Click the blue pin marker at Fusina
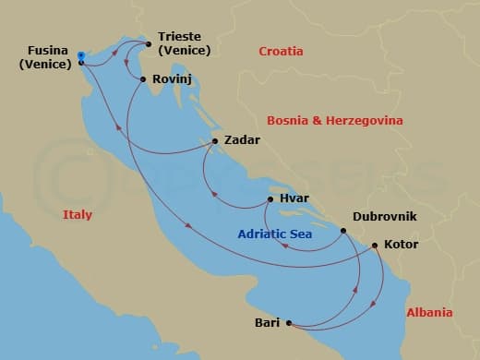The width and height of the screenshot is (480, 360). tap(81, 56)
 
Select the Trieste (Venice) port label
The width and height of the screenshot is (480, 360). tap(184, 44)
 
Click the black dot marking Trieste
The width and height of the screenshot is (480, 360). tap(148, 43)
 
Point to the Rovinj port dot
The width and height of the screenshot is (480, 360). tap(142, 79)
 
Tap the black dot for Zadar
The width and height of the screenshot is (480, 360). tap(215, 141)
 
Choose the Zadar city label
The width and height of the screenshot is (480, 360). tap(243, 141)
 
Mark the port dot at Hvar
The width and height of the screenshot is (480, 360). tap(270, 198)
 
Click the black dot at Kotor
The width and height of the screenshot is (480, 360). tap(374, 246)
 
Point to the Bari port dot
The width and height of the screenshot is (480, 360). tap(289, 323)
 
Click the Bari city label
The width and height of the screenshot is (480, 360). tap(267, 323)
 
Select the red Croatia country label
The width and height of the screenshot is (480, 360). tap(282, 52)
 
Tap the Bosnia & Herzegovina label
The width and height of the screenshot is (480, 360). tap(330, 120)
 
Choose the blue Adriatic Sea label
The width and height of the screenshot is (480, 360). tap(274, 234)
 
